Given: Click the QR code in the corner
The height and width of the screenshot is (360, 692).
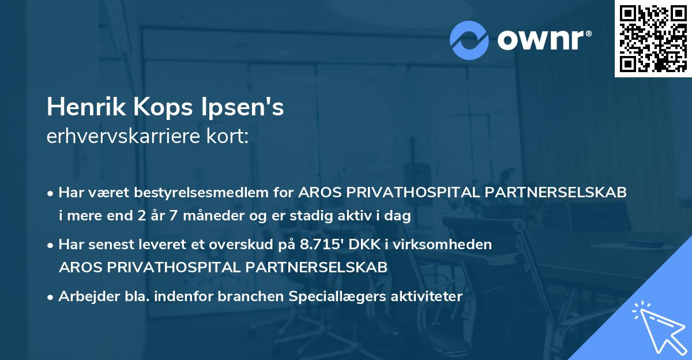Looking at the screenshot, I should pyautogui.click(x=653, y=39).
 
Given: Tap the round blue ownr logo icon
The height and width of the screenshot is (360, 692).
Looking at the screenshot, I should pyautogui.click(x=469, y=40).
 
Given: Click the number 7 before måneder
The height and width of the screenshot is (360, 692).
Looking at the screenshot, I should pyautogui.click(x=174, y=216).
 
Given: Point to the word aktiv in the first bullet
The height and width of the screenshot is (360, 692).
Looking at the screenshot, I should pyautogui.click(x=367, y=216).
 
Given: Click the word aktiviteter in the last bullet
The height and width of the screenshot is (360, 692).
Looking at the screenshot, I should pyautogui.click(x=427, y=297).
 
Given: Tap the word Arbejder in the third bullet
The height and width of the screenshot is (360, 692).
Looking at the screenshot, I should pyautogui.click(x=84, y=297).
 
